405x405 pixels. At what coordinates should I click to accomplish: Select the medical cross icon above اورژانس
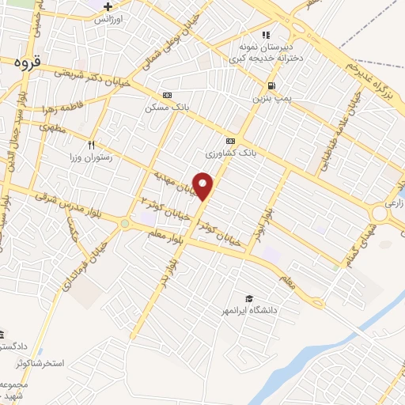108,7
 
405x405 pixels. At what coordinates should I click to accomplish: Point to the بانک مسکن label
165,108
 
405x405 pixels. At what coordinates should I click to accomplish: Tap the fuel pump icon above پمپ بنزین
272,85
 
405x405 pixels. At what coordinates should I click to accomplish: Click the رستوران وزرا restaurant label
91,157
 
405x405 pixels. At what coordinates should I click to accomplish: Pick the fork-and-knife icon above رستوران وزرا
92,145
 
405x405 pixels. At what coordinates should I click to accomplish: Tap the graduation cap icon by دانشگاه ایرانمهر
248,298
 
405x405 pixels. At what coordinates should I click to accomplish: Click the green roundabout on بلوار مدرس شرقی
124,224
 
